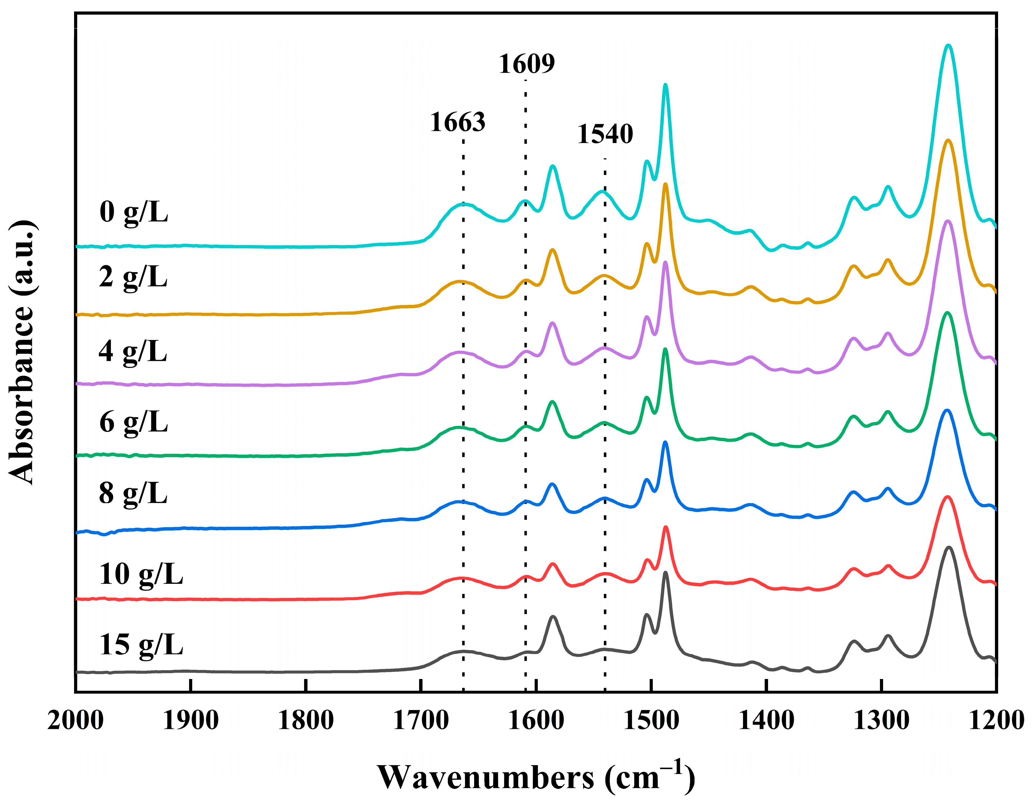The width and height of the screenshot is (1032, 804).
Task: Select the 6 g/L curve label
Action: coord(134,422)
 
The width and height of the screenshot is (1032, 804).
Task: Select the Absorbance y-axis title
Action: coord(22,352)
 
